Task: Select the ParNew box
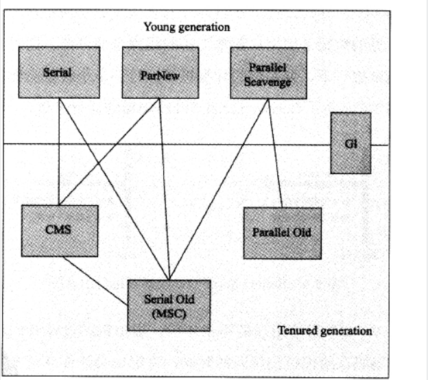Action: click(160, 73)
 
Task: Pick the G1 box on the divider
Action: click(350, 143)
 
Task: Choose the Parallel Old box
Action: click(282, 233)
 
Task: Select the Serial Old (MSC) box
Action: click(169, 306)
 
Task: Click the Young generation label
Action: click(187, 27)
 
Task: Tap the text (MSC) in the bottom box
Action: click(169, 313)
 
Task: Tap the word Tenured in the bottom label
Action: click(296, 331)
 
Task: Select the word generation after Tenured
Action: click(346, 331)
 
